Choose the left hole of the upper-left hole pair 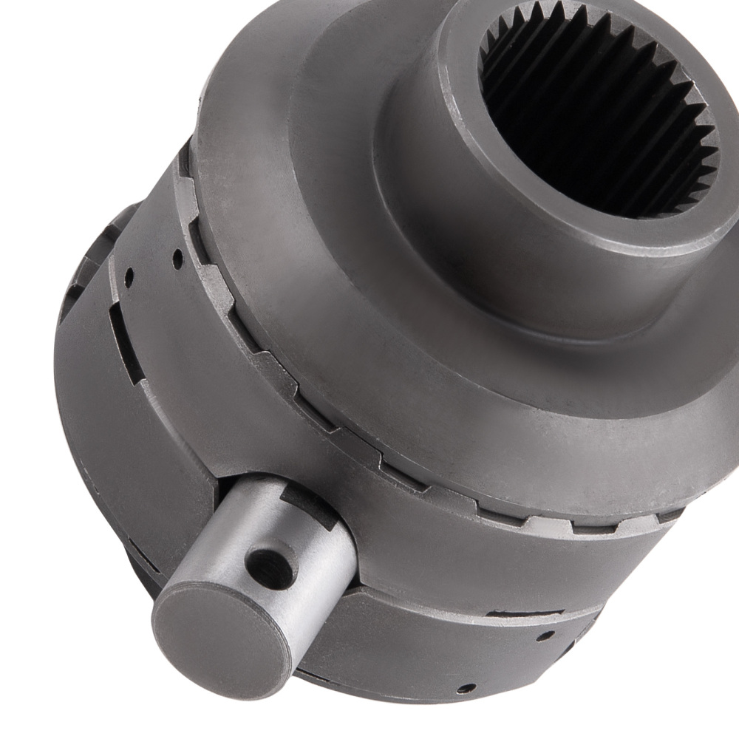(130, 279)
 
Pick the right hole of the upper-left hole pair (177, 259)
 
